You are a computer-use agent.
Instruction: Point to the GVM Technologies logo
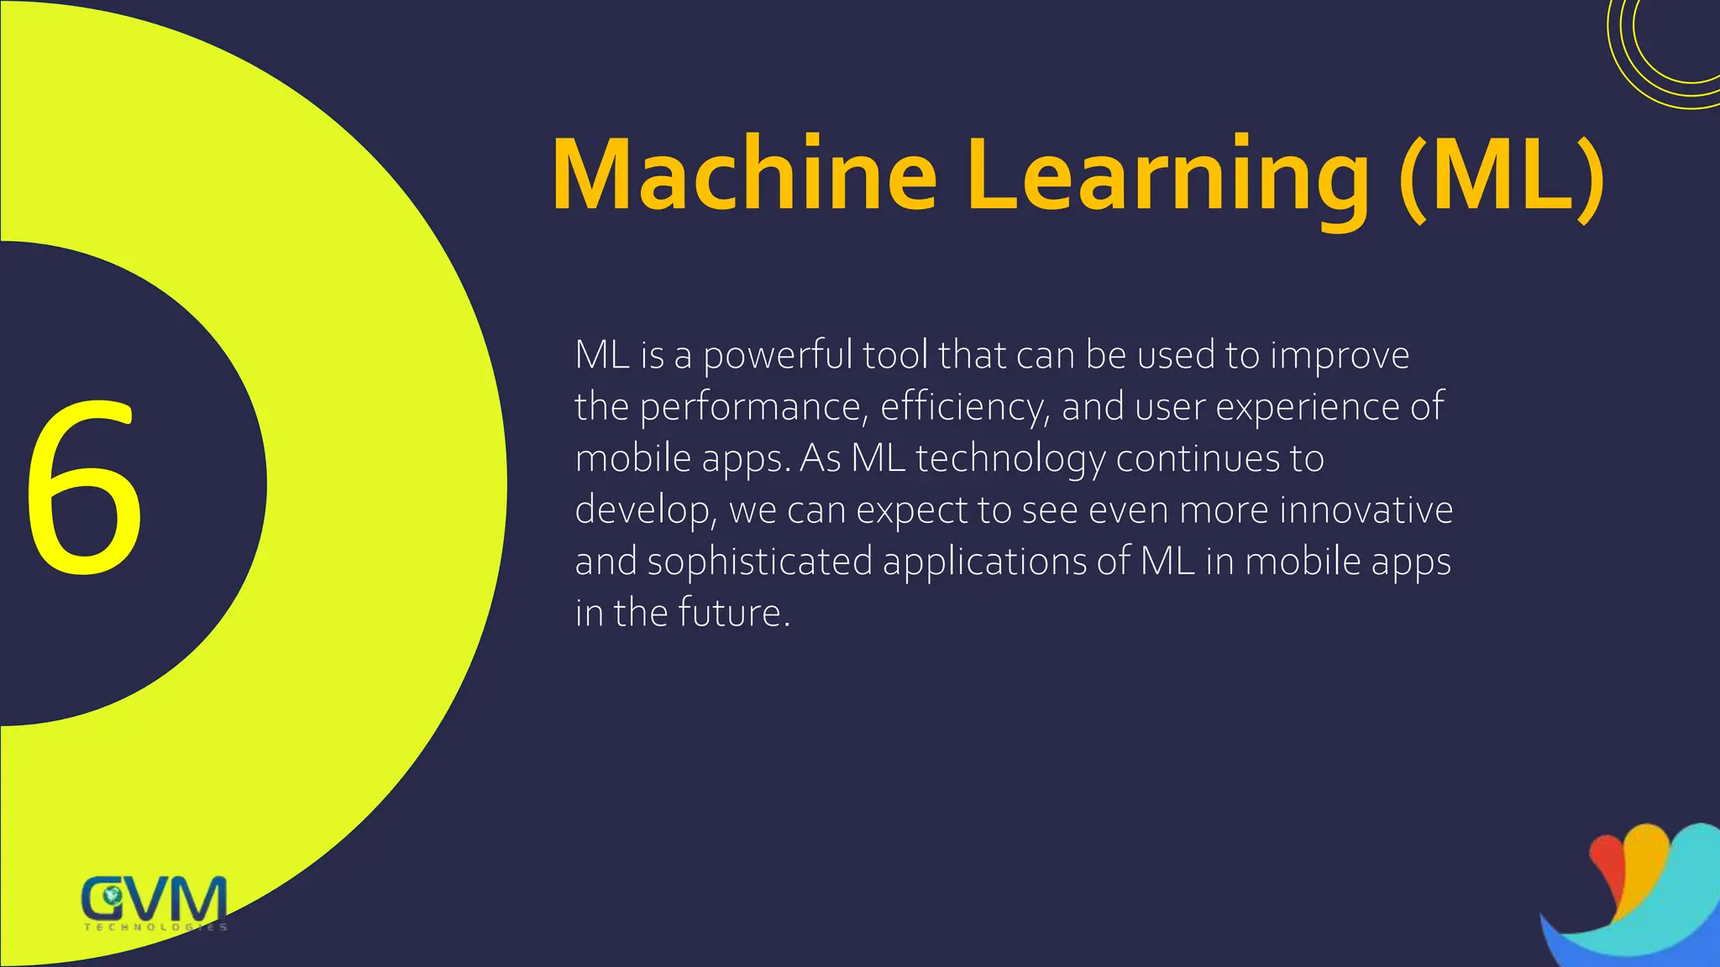(x=155, y=902)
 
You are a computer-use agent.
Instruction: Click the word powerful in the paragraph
(x=778, y=356)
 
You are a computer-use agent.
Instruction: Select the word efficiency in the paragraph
(x=965, y=408)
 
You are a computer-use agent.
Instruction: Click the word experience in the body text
(x=1307, y=408)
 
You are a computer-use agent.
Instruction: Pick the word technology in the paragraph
(x=1010, y=460)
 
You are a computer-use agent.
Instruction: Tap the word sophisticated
(x=760, y=562)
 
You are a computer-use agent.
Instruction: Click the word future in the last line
(x=733, y=613)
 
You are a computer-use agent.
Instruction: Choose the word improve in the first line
(x=1340, y=356)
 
